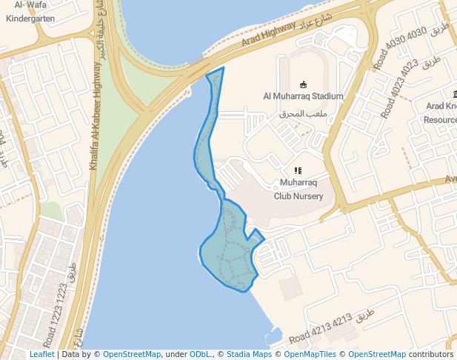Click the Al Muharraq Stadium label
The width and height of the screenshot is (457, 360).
tap(304, 96)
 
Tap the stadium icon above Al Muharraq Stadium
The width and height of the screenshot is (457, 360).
tap(303, 84)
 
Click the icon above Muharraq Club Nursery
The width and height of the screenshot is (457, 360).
tap(298, 171)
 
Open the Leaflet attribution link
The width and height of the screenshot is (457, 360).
tap(41, 355)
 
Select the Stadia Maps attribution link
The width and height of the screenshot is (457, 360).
tap(248, 355)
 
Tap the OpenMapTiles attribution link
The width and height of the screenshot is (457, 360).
tap(310, 355)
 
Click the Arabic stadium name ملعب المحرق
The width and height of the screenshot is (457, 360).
tap(303, 114)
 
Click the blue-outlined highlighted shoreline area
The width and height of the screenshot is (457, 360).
tap(230, 252)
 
